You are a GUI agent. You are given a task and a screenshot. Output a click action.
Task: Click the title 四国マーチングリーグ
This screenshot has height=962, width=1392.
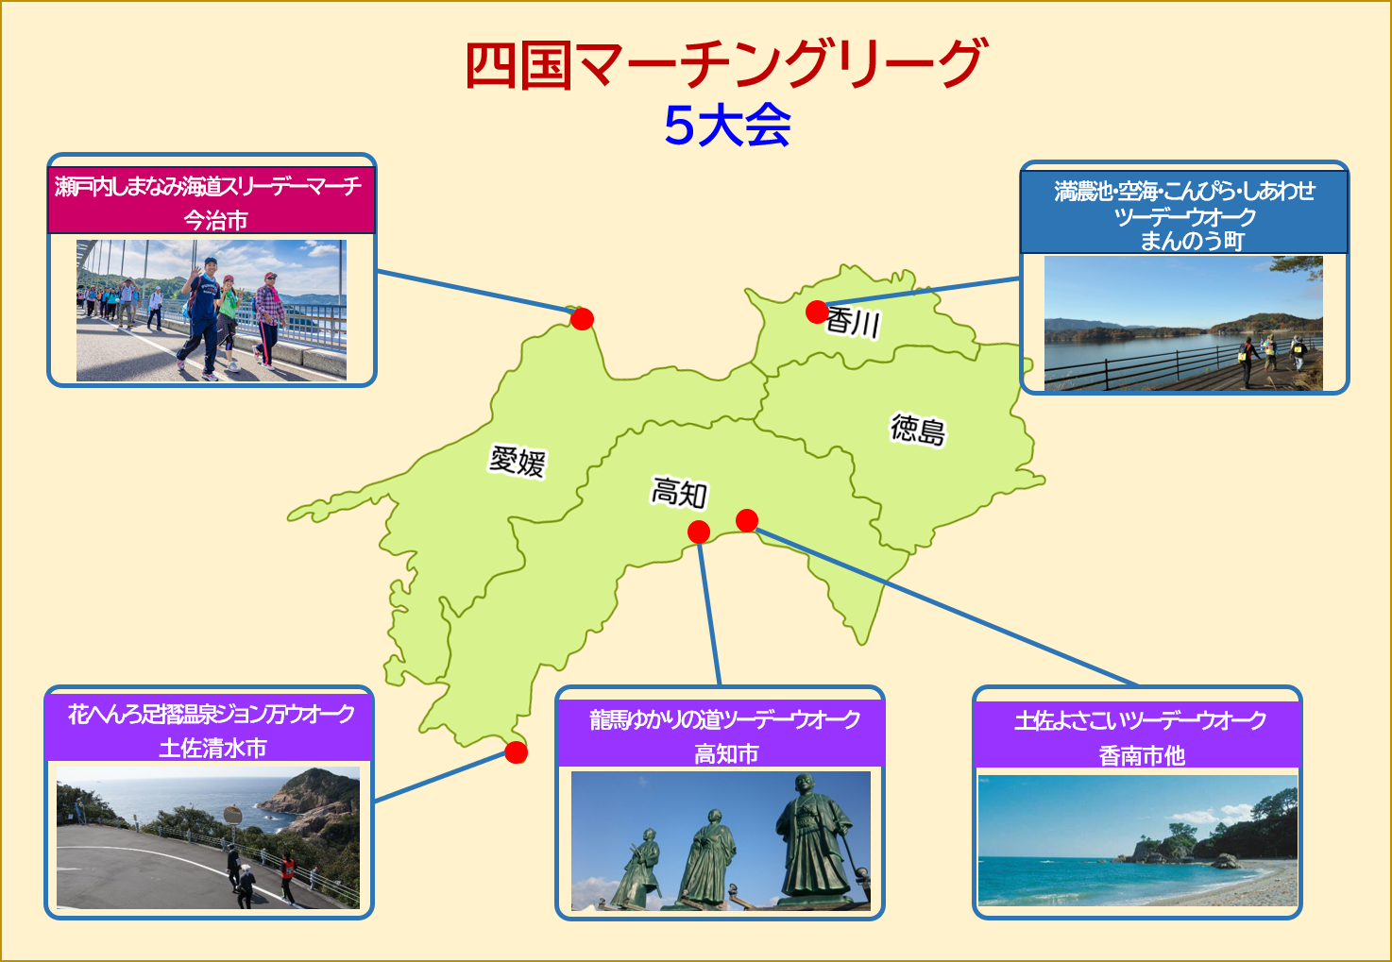tap(726, 65)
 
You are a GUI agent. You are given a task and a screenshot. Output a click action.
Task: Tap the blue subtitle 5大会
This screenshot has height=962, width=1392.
tap(727, 125)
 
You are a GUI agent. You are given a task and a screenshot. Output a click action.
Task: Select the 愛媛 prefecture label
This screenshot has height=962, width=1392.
tap(518, 462)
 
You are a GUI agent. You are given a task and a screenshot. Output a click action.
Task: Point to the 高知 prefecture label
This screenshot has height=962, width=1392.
tap(679, 493)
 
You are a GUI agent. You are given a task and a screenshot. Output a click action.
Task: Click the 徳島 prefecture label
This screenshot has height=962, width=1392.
tap(919, 430)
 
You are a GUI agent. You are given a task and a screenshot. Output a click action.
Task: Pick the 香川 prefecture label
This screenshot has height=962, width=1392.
tap(854, 323)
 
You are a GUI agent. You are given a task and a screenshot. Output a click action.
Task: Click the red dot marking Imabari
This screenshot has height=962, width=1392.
tap(583, 318)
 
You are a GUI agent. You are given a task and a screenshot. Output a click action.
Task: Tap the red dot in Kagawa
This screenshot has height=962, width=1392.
tap(817, 312)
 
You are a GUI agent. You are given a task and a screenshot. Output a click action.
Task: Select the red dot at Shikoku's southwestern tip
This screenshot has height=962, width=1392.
tap(516, 752)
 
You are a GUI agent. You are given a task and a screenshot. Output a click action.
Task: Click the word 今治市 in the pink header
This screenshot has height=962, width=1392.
tap(215, 220)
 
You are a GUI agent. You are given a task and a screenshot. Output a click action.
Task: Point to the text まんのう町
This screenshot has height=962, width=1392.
tap(1192, 241)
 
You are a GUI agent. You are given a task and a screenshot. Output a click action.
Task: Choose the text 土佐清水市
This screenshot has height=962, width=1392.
tap(212, 748)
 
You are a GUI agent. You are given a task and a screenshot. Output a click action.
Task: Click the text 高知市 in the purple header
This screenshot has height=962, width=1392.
tap(726, 754)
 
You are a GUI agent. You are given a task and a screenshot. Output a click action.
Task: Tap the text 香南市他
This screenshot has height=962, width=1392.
tap(1142, 756)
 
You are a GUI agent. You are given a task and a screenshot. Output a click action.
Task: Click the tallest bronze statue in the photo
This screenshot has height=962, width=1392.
tap(813, 838)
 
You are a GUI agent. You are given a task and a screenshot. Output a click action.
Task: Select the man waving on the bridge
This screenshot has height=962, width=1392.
tap(202, 317)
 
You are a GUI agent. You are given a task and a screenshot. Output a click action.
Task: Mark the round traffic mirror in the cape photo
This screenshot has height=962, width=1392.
tap(232, 815)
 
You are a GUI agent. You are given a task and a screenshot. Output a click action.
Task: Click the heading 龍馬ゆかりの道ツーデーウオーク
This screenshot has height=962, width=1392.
tap(725, 719)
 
